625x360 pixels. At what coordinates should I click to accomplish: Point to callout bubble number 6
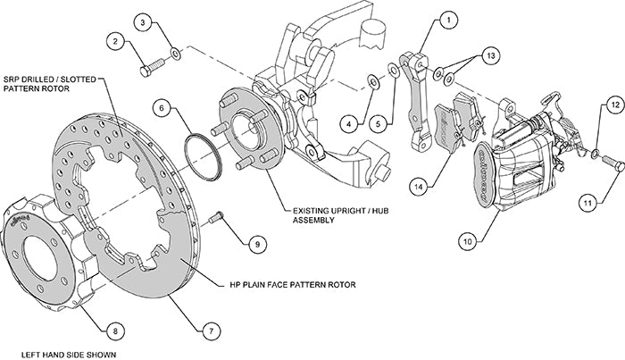(162, 109)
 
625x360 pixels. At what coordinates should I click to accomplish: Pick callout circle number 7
(211, 331)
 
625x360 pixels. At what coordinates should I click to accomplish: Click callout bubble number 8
(112, 331)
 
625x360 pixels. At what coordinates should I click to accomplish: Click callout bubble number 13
(488, 55)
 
